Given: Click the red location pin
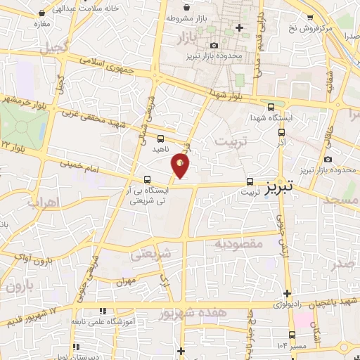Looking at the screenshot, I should point(181,165).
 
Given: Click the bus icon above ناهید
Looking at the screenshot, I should point(161,139).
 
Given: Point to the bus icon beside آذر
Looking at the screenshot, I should point(282,131).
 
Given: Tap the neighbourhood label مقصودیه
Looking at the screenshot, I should point(238,243).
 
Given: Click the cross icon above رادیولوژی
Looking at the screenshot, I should point(287,293).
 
